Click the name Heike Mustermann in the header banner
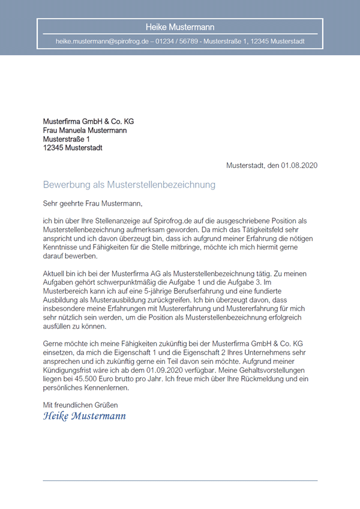(180, 27)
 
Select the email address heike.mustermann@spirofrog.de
(102, 42)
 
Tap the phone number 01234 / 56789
(178, 42)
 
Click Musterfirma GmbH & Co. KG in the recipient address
(88, 122)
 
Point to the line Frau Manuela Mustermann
(85, 130)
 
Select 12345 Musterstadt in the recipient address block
(73, 147)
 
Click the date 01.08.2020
(299, 165)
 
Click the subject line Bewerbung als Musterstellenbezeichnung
(129, 185)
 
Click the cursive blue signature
(85, 415)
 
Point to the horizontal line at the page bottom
(180, 481)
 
